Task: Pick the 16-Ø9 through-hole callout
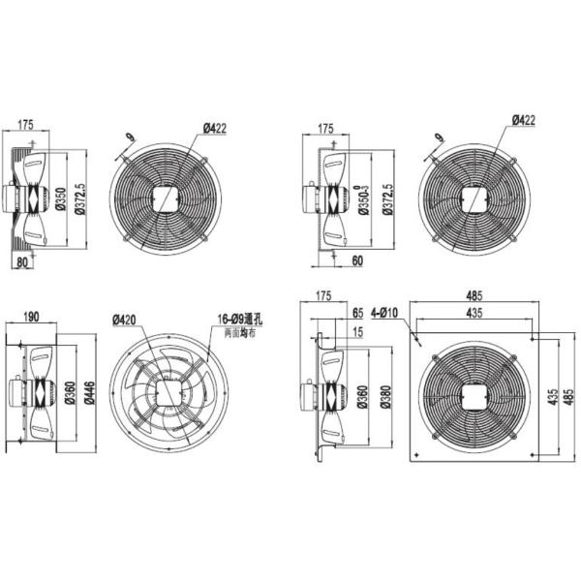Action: point(237,318)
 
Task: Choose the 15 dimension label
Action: point(357,332)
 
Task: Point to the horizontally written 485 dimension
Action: point(473,296)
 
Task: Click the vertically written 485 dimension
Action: point(568,397)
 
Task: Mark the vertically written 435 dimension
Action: point(548,397)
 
